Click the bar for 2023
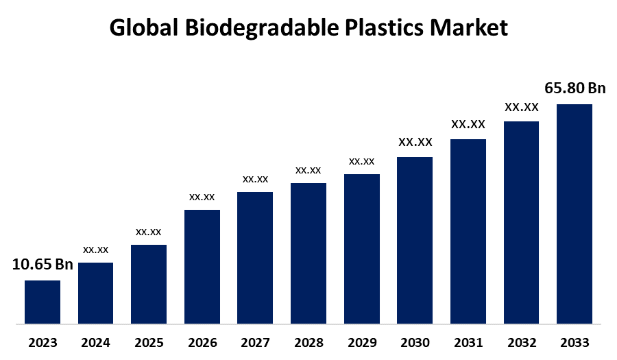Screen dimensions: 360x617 pyautogui.click(x=43, y=302)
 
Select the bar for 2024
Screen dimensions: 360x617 pyautogui.click(x=95, y=293)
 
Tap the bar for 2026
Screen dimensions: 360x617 pyautogui.click(x=202, y=266)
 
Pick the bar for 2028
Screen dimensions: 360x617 pyautogui.click(x=308, y=253)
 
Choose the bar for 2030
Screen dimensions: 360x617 pyautogui.click(x=415, y=240)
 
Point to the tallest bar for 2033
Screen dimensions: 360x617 pyautogui.click(x=574, y=213)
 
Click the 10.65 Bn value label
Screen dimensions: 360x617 pyautogui.click(x=43, y=265)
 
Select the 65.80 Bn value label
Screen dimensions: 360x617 pyautogui.click(x=575, y=88)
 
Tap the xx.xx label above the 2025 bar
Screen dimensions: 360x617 pyautogui.click(x=149, y=231)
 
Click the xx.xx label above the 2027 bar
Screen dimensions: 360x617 pyautogui.click(x=255, y=179)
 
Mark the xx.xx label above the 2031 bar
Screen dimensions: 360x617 pyautogui.click(x=468, y=124)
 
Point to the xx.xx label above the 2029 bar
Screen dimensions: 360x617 pyautogui.click(x=361, y=161)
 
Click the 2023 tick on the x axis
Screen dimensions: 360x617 pyautogui.click(x=43, y=343)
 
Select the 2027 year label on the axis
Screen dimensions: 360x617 pyautogui.click(x=255, y=343)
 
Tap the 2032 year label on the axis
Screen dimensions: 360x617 pyautogui.click(x=521, y=343)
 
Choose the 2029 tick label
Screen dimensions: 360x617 pyautogui.click(x=361, y=343)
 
